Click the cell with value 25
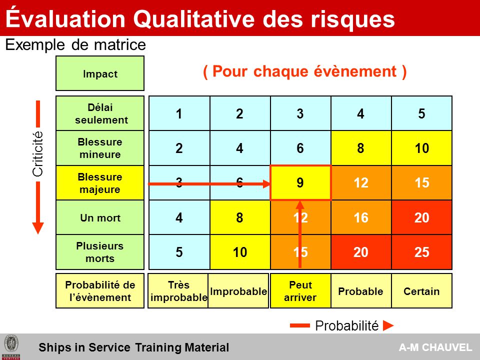421,252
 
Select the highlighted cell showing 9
300,183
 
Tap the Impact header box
100,73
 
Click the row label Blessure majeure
100,183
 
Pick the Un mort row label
100,217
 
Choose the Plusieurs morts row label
100,252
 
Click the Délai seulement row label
100,113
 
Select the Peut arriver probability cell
300,291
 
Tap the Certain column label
421,291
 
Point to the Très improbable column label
178,291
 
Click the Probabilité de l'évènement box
100,291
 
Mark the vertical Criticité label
37,154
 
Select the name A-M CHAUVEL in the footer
435,347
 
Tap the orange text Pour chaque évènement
304,71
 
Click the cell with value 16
361,217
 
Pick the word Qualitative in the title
194,18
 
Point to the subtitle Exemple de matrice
75,44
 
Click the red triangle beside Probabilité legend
388,325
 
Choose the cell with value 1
179,113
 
